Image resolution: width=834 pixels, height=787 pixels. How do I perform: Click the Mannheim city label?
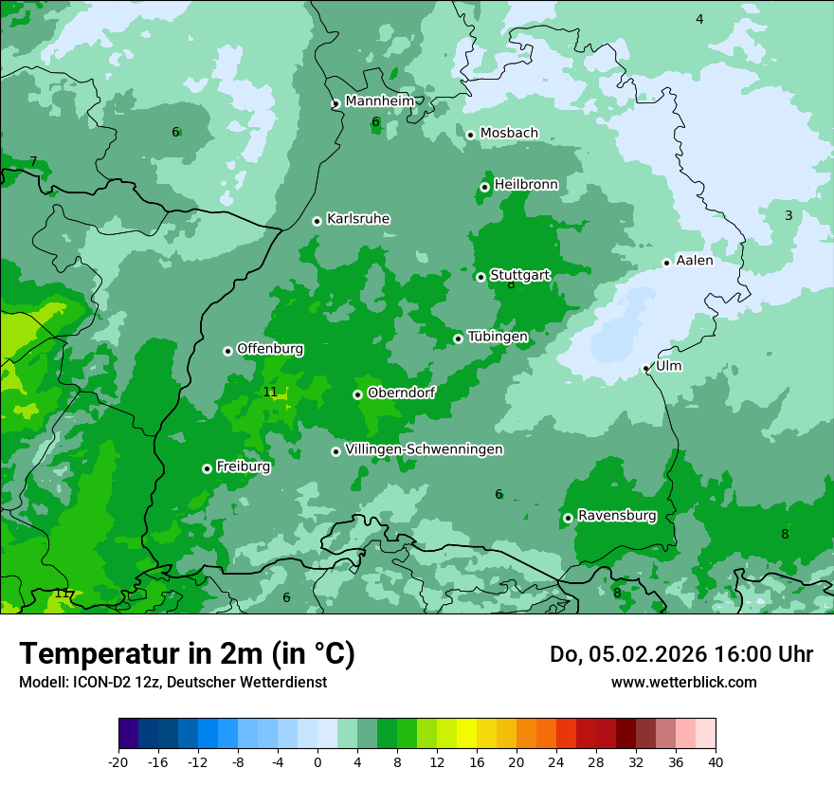[379, 101]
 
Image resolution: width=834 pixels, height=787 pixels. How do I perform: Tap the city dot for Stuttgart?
[480, 277]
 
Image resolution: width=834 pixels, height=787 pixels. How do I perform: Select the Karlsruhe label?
[358, 219]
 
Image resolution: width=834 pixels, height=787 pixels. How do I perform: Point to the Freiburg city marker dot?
[207, 468]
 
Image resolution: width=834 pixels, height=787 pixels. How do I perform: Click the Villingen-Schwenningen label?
[424, 449]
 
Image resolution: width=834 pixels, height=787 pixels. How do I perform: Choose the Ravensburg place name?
[617, 516]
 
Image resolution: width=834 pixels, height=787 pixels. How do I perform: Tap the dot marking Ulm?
[646, 368]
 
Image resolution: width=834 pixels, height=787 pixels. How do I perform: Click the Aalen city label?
[695, 261]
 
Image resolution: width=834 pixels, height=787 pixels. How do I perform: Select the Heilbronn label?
[526, 184]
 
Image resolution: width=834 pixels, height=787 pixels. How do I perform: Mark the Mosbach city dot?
[470, 135]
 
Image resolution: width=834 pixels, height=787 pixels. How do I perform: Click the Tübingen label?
[498, 337]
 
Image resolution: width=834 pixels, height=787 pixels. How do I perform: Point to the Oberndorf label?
[402, 393]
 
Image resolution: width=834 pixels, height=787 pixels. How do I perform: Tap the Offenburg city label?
[270, 349]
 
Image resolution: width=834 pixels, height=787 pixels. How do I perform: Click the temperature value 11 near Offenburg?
[270, 392]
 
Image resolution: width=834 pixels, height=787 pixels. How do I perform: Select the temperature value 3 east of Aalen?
[789, 216]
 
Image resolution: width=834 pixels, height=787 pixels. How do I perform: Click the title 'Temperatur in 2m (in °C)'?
[187, 654]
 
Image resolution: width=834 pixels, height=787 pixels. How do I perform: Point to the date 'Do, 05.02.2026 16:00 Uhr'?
[681, 654]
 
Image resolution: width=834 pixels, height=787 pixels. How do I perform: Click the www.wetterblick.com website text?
[684, 682]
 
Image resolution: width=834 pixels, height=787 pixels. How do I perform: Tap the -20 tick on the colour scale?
[118, 762]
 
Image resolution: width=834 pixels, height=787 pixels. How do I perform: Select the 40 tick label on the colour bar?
[716, 762]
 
